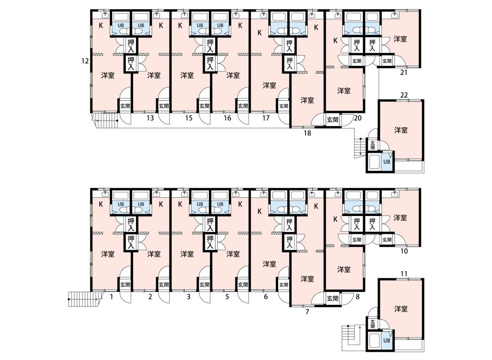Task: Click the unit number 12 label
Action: point(85,61)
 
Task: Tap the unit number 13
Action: point(150,118)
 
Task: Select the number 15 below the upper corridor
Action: point(188,118)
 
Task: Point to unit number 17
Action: point(266,118)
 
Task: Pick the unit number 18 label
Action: point(307,133)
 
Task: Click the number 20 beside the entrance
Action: point(357,118)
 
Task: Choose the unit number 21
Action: point(404,72)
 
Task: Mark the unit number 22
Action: point(404,95)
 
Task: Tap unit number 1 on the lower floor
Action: point(111,296)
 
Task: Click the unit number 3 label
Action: point(188,296)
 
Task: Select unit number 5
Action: point(227,296)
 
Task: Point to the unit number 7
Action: point(307,312)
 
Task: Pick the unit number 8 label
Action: point(357,296)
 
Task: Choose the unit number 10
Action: point(404,251)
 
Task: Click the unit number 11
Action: point(404,274)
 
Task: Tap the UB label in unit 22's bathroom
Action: point(387,162)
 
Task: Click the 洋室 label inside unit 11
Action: point(401,309)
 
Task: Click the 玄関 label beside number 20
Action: point(332,119)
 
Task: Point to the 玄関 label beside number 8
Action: point(332,298)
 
